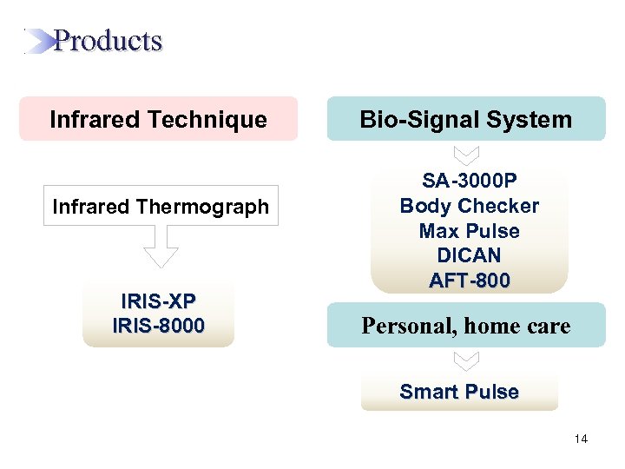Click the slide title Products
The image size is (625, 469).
click(x=108, y=41)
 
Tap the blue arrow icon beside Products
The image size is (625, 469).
click(x=38, y=42)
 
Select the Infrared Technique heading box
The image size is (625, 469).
click(x=158, y=119)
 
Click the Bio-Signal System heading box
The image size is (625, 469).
click(x=466, y=119)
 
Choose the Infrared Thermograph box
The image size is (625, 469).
click(x=161, y=206)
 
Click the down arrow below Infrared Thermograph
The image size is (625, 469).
click(x=161, y=247)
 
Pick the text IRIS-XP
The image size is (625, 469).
click(x=159, y=301)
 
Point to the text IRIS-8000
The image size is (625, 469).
click(x=159, y=326)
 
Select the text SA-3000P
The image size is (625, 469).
click(x=469, y=181)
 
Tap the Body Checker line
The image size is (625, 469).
click(x=469, y=206)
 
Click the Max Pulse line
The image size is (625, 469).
click(x=469, y=231)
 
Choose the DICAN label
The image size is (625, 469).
click(x=469, y=256)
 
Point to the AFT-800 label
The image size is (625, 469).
click(x=469, y=281)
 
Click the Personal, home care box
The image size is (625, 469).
click(x=466, y=326)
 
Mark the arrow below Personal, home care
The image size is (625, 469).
click(x=466, y=360)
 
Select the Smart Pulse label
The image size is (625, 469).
click(x=459, y=392)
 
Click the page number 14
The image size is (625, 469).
click(x=581, y=439)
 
